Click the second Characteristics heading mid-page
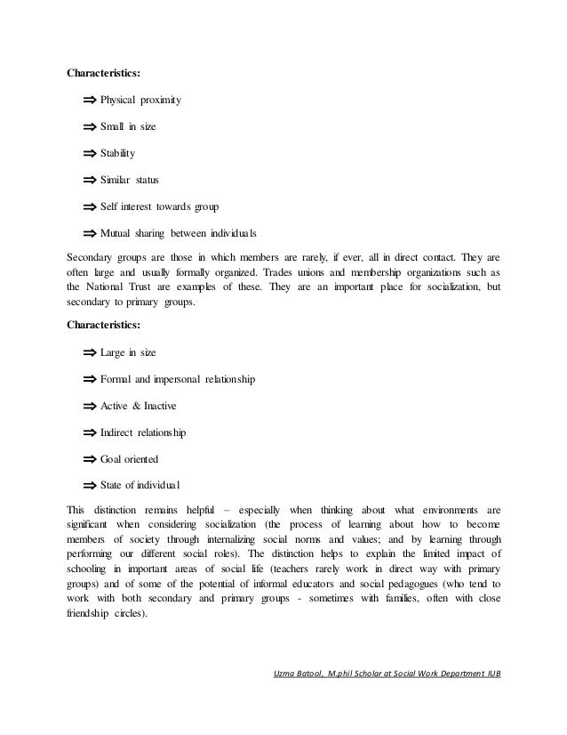[x=104, y=327]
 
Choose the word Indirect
[x=120, y=433]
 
